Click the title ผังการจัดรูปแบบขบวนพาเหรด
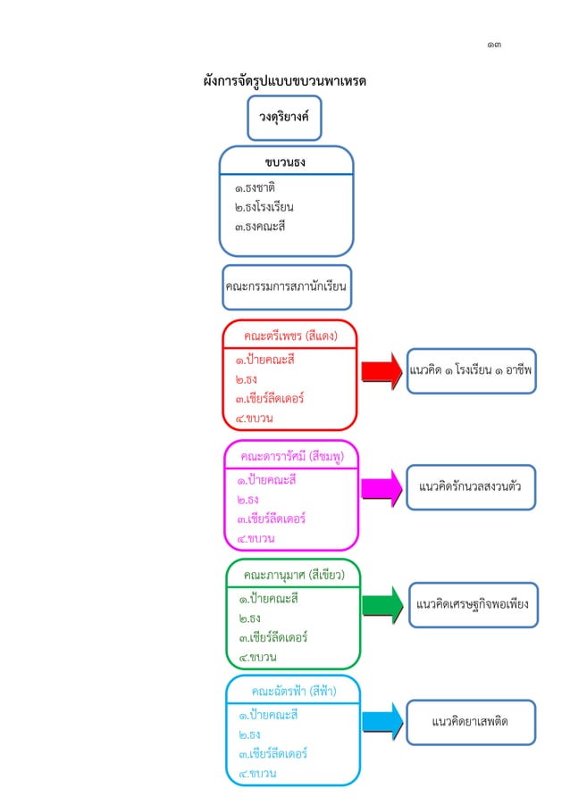click(x=286, y=82)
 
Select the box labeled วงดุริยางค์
click(x=284, y=118)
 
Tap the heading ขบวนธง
click(x=286, y=162)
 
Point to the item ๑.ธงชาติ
click(x=255, y=188)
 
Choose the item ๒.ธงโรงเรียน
click(x=264, y=207)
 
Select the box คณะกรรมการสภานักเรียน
click(x=286, y=287)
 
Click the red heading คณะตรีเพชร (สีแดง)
click(x=290, y=336)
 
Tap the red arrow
click(x=382, y=369)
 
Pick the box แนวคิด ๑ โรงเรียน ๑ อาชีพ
click(x=472, y=369)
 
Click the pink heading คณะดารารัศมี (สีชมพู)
click(x=290, y=455)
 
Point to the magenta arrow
click(x=382, y=488)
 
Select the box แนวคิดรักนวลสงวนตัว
click(x=471, y=487)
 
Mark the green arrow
click(x=382, y=604)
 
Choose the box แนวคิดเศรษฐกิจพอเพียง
click(x=472, y=605)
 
